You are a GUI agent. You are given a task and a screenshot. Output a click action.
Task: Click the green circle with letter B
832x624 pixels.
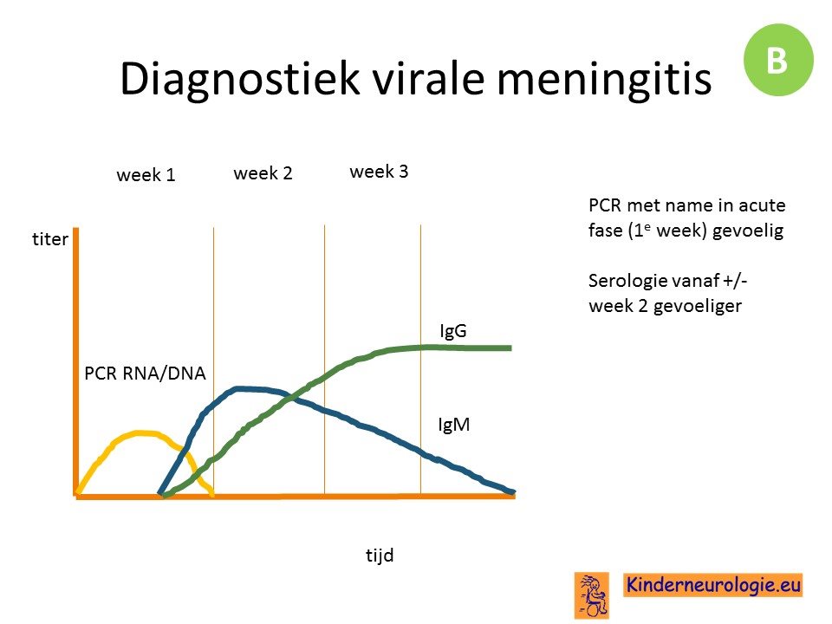coord(778,60)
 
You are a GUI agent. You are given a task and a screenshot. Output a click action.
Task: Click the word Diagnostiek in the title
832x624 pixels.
coord(240,79)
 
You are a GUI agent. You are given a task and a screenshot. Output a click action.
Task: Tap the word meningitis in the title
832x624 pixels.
coord(604,79)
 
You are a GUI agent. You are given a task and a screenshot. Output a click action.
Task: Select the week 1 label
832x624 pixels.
coord(146,174)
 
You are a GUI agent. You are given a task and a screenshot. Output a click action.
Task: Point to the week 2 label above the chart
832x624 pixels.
coord(263,173)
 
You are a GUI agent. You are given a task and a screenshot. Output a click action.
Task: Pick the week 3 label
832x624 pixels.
coord(379,172)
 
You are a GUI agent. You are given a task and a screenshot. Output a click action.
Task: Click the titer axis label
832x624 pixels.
coord(50,239)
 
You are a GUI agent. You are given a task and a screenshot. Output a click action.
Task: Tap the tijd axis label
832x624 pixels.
coord(380,555)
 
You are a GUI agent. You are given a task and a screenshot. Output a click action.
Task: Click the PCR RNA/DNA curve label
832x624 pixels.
coord(145,374)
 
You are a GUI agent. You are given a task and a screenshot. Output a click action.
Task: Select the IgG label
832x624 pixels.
coord(453,331)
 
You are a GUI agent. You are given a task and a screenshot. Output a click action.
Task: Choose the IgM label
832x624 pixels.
coord(454,425)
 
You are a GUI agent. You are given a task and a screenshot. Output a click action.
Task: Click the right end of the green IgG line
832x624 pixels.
coord(510,348)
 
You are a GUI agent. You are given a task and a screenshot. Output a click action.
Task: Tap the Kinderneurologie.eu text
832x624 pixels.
coord(713,585)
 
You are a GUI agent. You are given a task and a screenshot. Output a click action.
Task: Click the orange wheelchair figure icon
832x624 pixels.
coord(592,595)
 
